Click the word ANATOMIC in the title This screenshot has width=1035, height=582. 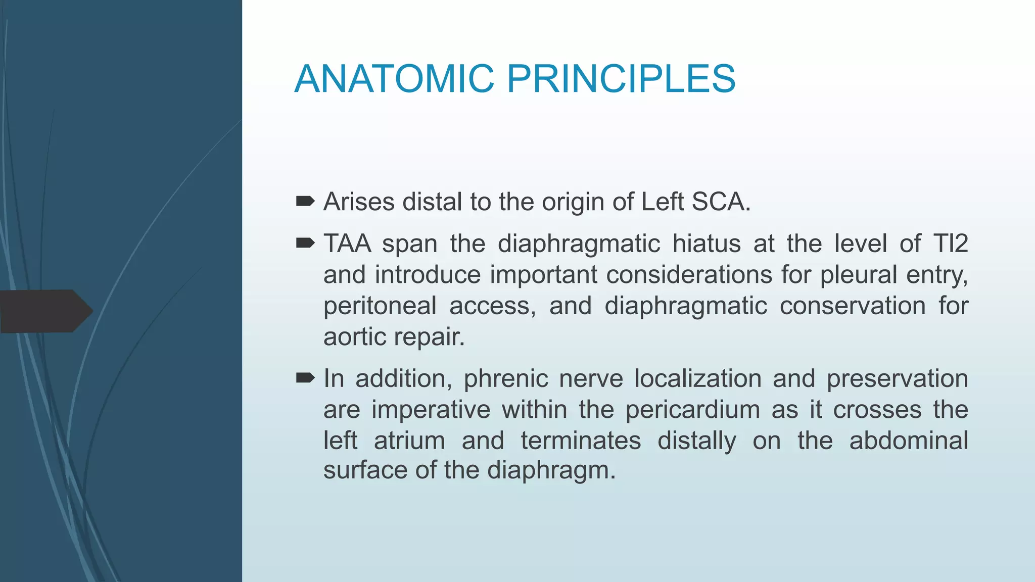(394, 79)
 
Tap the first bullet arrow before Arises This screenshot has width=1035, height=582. (305, 202)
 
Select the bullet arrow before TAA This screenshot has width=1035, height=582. (305, 244)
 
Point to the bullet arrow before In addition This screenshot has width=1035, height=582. (305, 378)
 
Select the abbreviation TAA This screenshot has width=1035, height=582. (347, 244)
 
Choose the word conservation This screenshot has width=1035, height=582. (852, 306)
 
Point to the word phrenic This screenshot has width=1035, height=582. (506, 379)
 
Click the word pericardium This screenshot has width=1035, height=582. (692, 410)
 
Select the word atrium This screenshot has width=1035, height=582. (409, 441)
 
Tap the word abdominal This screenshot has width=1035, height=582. (908, 441)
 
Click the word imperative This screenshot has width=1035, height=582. (431, 410)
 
